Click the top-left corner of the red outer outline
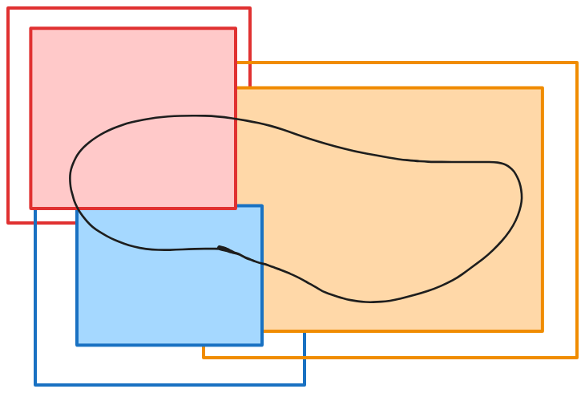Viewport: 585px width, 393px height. coord(9,9)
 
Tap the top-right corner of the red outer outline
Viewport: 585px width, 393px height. coord(249,9)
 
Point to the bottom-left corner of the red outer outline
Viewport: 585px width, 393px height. coord(9,222)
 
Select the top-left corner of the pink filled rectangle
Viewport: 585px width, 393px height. coord(31,29)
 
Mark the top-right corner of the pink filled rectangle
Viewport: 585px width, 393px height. coord(236,29)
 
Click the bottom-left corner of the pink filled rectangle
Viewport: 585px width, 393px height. coord(31,209)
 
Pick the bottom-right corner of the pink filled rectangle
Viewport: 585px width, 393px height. coord(236,209)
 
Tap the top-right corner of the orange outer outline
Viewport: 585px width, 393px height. coord(577,63)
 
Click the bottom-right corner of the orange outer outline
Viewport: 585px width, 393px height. coord(577,357)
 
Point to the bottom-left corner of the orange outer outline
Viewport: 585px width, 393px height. coord(204,357)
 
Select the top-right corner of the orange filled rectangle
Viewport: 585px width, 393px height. coord(543,88)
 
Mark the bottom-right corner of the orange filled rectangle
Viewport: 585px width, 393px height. coord(543,330)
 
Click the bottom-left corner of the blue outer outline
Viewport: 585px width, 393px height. coord(35,384)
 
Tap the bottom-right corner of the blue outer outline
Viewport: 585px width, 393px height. coord(305,384)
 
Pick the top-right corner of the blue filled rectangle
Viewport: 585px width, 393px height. coord(262,206)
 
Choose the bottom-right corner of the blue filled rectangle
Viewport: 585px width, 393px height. coord(262,345)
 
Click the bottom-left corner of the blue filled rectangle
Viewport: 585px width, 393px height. coord(77,345)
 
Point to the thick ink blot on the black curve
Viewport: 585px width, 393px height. coord(228,250)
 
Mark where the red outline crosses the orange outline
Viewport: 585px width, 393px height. coord(249,63)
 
